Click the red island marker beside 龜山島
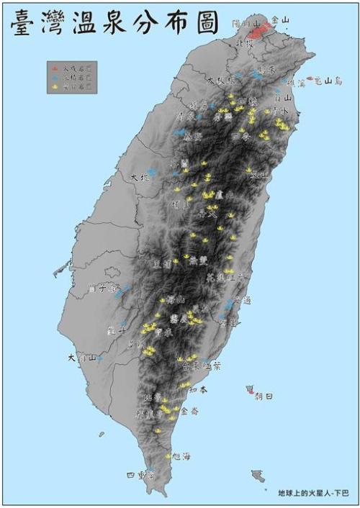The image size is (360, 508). [x=310, y=78]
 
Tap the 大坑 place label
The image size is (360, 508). [x=140, y=176]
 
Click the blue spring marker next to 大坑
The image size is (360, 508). [x=152, y=173]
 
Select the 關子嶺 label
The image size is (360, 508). [x=101, y=289]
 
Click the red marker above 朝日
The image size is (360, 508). [x=250, y=389]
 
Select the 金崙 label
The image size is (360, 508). [x=189, y=412]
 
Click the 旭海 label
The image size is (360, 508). [x=182, y=456]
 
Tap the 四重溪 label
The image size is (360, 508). [x=140, y=476]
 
